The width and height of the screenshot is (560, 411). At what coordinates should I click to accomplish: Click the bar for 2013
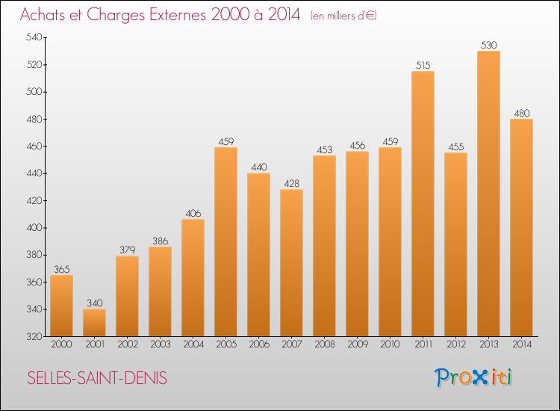(x=488, y=194)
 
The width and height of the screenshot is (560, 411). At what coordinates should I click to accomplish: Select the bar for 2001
(x=94, y=323)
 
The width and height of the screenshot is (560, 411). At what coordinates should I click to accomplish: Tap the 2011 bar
(x=423, y=203)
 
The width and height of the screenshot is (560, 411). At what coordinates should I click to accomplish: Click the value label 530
(x=488, y=45)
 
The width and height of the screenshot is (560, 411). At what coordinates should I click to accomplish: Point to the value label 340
(x=94, y=303)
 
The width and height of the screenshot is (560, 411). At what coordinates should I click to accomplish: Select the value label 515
(x=423, y=65)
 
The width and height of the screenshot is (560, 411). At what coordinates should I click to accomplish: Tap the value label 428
(x=291, y=183)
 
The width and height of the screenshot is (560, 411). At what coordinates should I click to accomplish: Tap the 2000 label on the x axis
(x=61, y=344)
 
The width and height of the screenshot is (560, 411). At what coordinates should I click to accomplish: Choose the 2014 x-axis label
(x=521, y=344)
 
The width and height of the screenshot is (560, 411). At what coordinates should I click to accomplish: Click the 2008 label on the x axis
(x=324, y=344)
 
